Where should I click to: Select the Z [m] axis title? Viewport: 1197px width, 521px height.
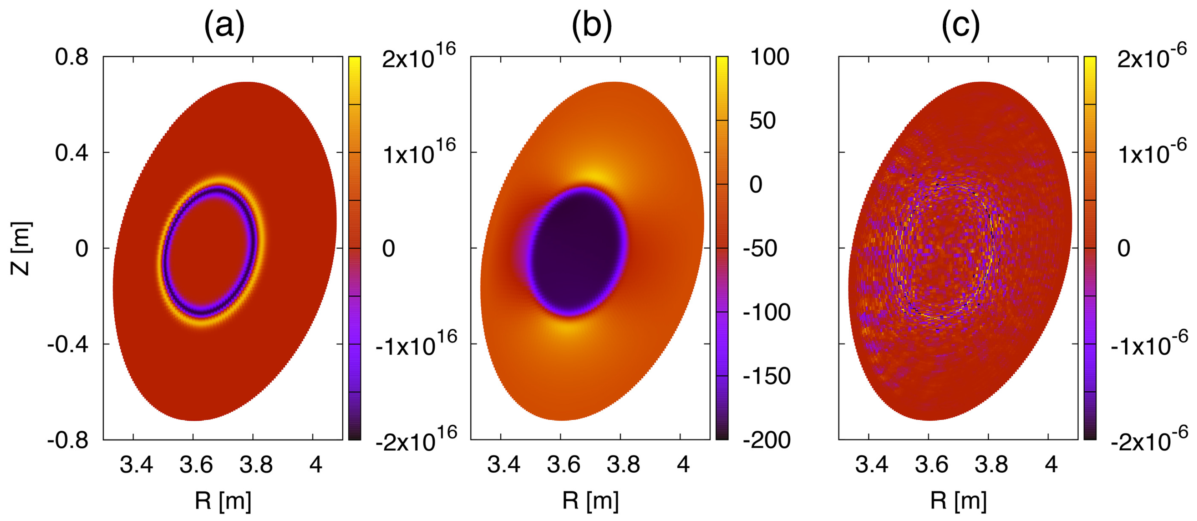[x=21, y=249]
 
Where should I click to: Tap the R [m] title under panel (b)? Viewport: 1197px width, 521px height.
[x=591, y=501]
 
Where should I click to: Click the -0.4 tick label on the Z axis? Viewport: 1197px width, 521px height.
[x=68, y=344]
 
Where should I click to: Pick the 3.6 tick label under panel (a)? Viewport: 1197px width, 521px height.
[x=196, y=464]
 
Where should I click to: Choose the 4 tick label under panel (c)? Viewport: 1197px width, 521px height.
[x=1051, y=464]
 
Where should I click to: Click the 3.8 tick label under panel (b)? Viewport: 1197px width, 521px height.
[x=623, y=464]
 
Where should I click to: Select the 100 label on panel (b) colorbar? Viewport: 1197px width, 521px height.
[x=769, y=57]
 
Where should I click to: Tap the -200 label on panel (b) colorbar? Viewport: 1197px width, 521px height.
[x=767, y=440]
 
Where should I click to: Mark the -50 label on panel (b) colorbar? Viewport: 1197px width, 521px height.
[x=760, y=249]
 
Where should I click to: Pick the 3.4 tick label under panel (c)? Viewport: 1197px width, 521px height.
[x=871, y=464]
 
